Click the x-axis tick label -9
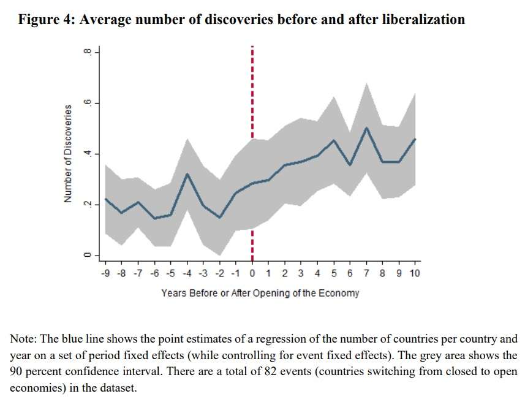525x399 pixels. [107, 273]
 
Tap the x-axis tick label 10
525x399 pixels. [414, 273]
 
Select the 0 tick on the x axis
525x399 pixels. [252, 273]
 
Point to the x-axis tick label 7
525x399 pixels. [366, 273]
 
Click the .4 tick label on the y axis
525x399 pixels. [88, 153]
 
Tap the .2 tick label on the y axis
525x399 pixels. [88, 204]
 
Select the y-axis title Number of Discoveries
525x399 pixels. [69, 153]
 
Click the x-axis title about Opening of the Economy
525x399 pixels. [260, 293]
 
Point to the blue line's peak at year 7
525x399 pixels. [366, 127]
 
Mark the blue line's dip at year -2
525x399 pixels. [220, 218]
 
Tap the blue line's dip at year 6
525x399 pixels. [349, 165]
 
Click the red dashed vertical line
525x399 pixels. [252, 92]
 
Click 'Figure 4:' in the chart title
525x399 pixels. [47, 20]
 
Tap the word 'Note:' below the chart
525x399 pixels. [23, 339]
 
